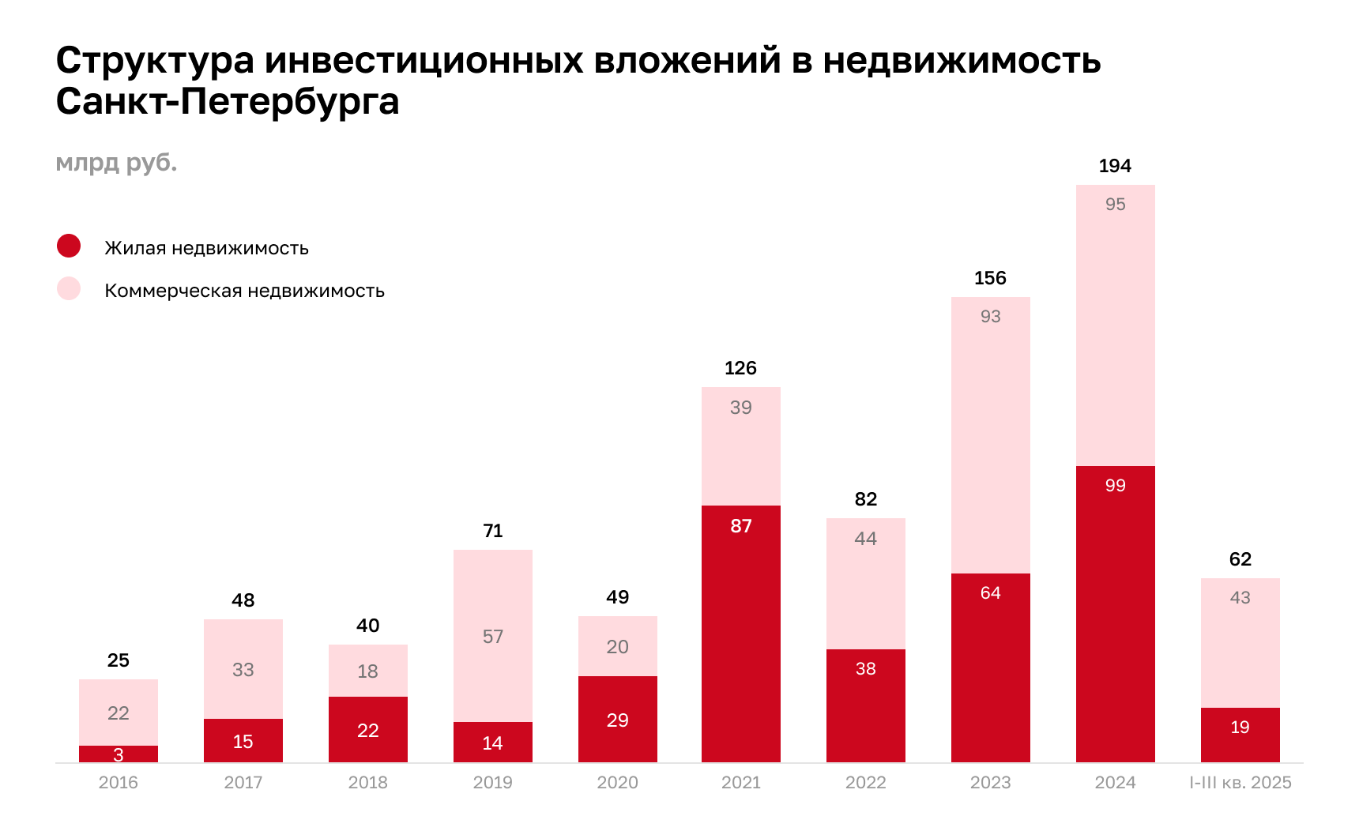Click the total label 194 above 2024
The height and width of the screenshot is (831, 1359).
point(1115,166)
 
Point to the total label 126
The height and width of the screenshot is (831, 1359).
point(740,368)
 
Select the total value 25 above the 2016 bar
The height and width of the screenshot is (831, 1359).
point(119,660)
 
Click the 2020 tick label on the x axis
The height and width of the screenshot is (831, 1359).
point(617,783)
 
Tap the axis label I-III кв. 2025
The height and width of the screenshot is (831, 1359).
point(1240,783)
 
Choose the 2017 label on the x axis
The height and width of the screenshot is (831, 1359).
point(243,783)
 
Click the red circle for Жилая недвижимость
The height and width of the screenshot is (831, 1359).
point(69,246)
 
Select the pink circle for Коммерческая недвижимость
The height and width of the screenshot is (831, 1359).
point(69,288)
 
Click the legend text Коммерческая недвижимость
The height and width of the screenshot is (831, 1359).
point(244,291)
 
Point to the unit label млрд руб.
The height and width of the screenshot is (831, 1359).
point(116,163)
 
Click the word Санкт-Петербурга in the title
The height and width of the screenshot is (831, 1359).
point(228,101)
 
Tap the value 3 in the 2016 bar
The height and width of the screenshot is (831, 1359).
point(119,755)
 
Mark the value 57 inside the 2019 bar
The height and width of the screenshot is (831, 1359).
point(492,637)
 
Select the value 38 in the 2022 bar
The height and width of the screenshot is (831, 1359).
point(865,669)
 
